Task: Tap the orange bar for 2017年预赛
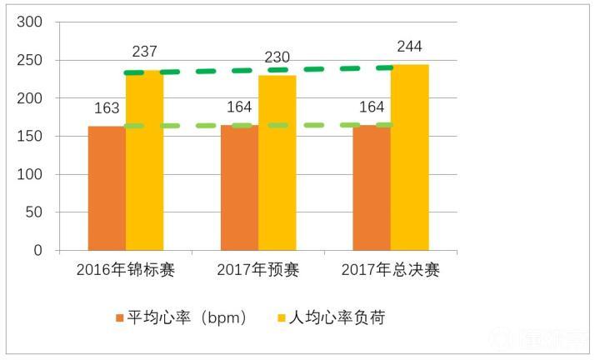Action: [x=239, y=188]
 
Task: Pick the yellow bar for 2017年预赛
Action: [x=277, y=163]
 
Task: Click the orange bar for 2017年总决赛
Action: [x=372, y=188]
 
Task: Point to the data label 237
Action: [x=145, y=52]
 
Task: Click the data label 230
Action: [x=277, y=57]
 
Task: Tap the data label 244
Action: [x=409, y=47]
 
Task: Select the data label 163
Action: [x=106, y=108]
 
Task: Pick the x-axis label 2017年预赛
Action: [x=257, y=270]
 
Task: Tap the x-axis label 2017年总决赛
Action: [x=390, y=270]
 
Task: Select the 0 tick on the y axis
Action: [x=38, y=250]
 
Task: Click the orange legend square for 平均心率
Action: [x=118, y=318]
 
